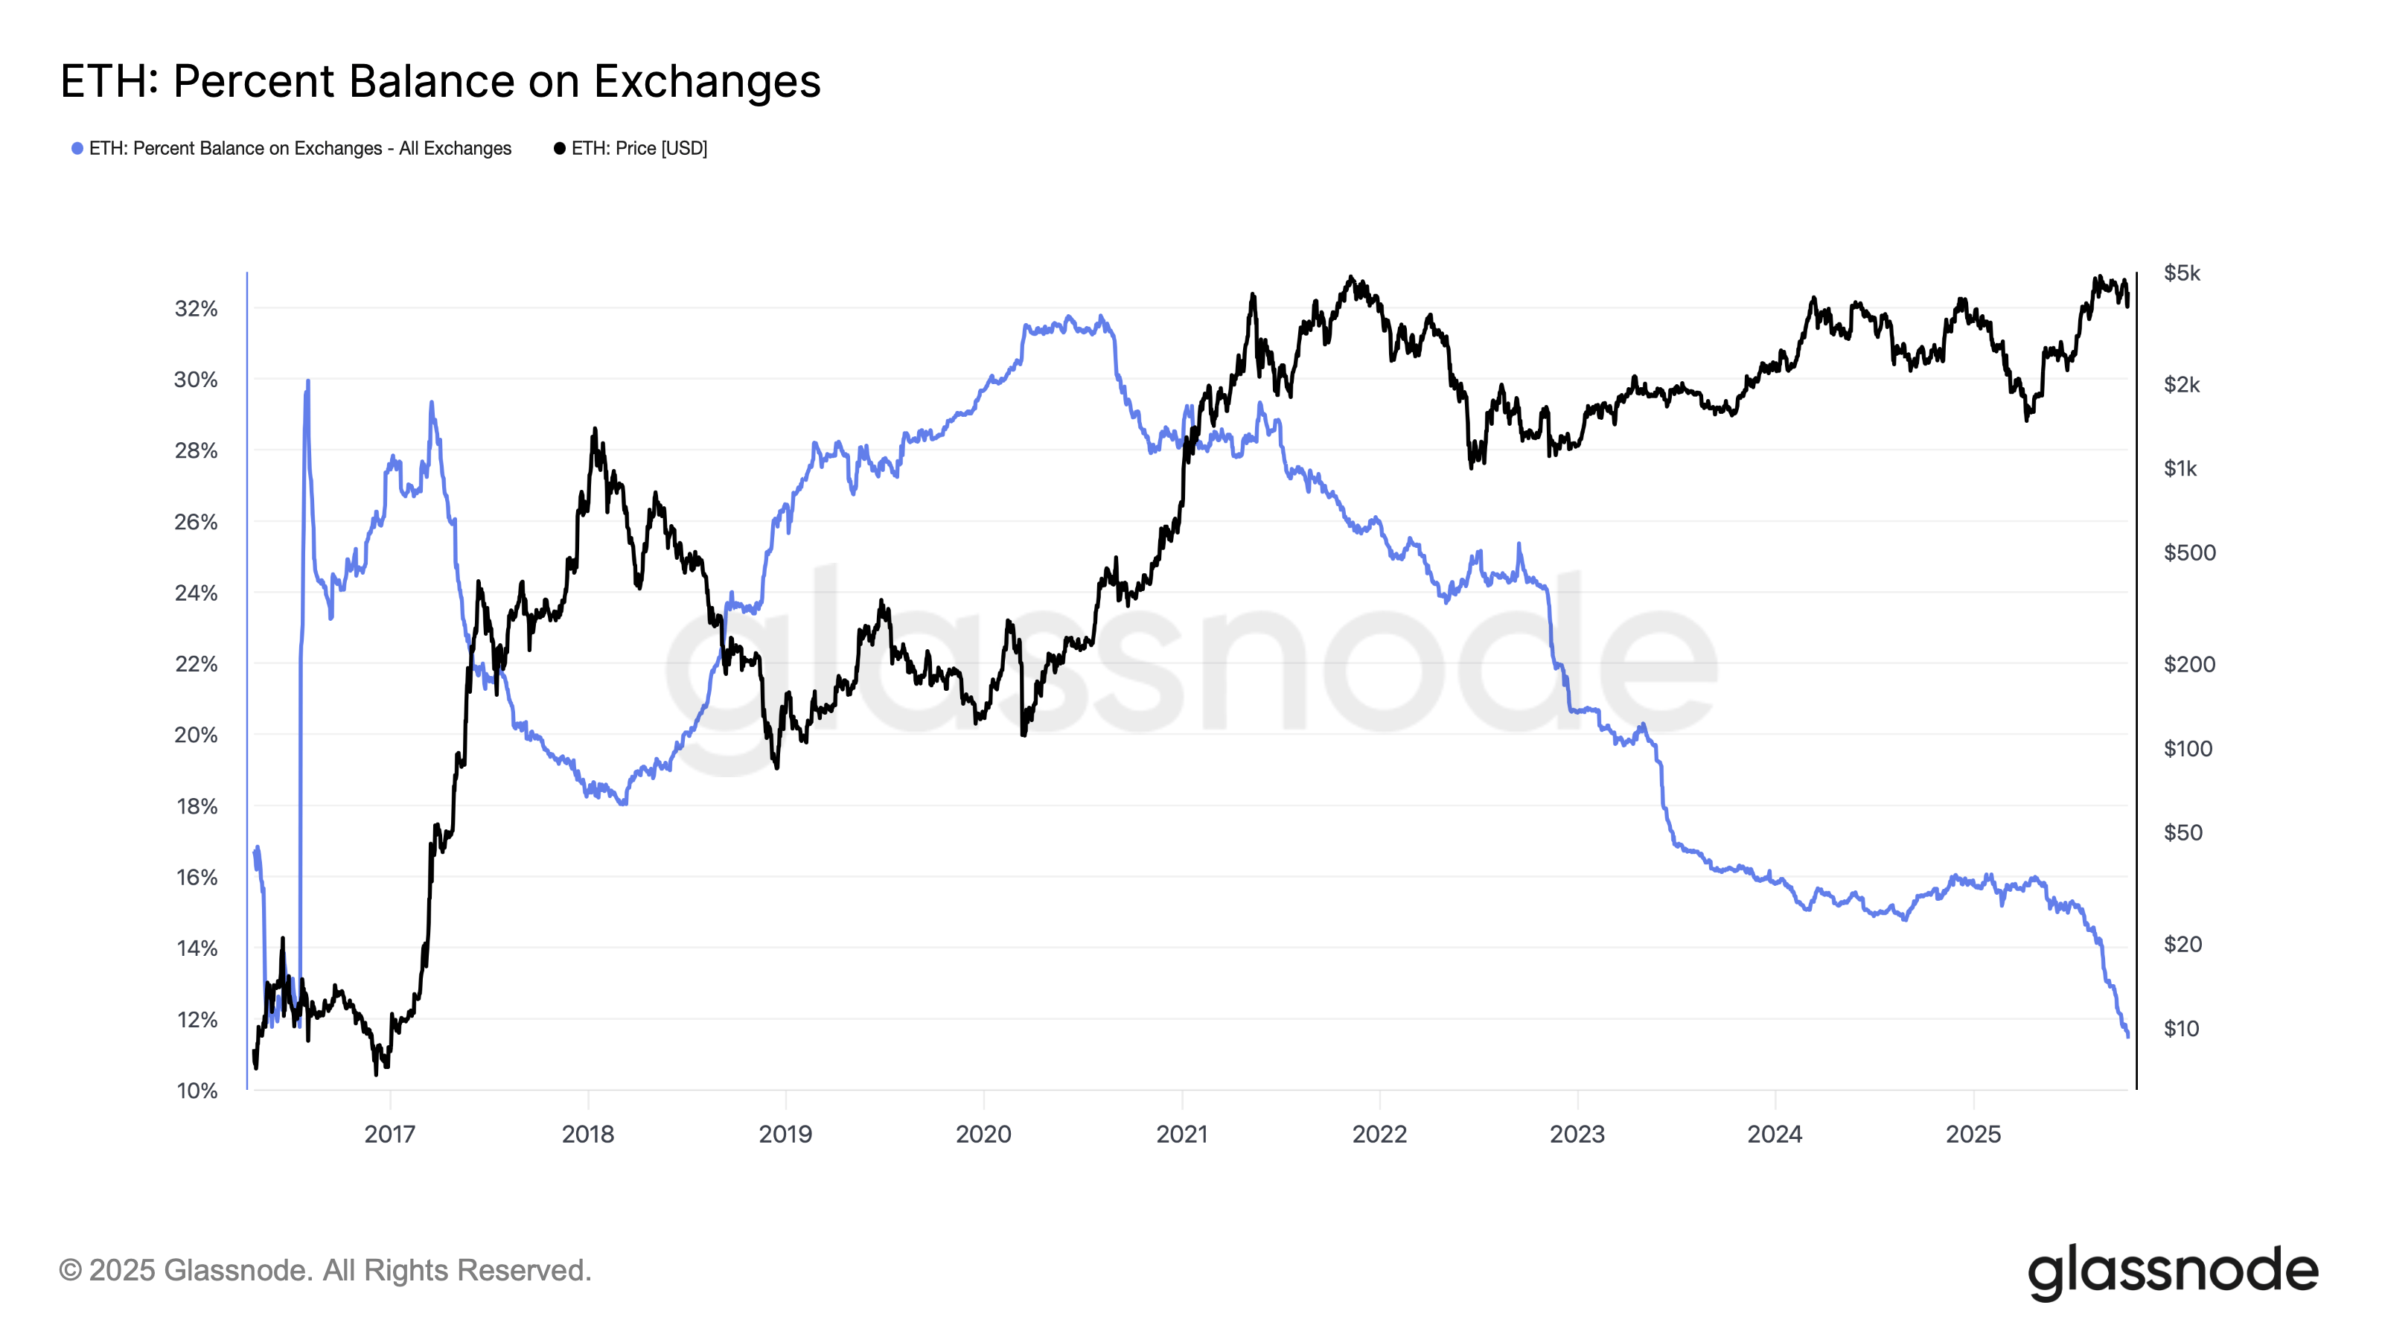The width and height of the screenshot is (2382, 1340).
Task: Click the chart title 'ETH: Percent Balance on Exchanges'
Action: click(x=440, y=81)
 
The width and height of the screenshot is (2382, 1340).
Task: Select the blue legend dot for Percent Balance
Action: click(x=77, y=149)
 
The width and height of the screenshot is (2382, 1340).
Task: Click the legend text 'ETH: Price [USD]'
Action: click(x=639, y=149)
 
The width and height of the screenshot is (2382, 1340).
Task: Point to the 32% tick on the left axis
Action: click(x=196, y=309)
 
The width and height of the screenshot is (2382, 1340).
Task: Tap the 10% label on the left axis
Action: click(x=196, y=1091)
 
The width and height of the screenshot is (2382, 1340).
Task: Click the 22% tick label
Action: click(x=196, y=665)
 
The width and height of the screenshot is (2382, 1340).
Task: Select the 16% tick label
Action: click(x=196, y=878)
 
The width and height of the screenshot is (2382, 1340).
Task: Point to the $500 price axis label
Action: click(x=2188, y=553)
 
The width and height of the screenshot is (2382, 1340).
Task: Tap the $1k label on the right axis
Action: click(x=2180, y=469)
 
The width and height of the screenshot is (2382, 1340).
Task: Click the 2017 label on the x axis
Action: click(x=389, y=1135)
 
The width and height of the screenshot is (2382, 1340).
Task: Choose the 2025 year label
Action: click(x=1973, y=1135)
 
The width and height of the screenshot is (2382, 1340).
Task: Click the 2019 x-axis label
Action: click(x=785, y=1135)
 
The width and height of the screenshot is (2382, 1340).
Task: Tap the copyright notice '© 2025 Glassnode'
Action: click(x=325, y=1271)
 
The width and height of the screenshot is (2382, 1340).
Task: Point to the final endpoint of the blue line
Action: click(x=2127, y=1036)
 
